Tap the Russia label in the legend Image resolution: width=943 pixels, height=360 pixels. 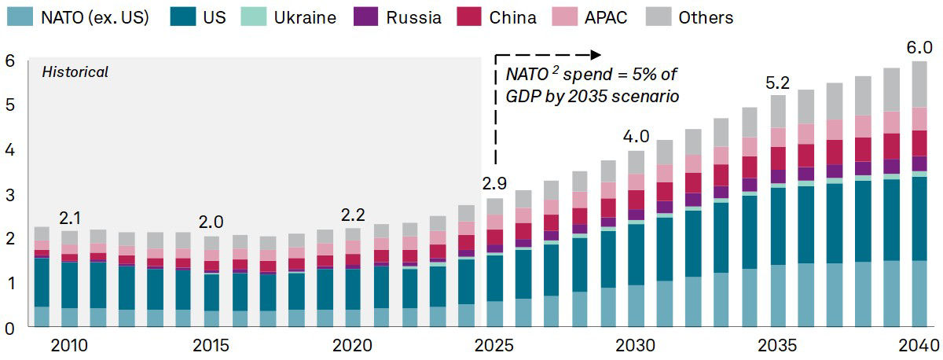[x=413, y=17]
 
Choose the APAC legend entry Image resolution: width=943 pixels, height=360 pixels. [x=606, y=17]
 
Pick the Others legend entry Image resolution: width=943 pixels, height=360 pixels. [x=705, y=17]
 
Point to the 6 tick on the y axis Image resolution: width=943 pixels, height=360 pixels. [x=9, y=61]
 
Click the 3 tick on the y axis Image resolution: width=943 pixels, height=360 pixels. [x=9, y=194]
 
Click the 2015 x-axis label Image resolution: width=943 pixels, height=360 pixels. [x=211, y=345]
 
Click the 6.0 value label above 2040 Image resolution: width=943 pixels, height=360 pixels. [x=918, y=47]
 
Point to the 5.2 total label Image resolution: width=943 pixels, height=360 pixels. [x=778, y=82]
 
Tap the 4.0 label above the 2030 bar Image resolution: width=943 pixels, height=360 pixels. [x=637, y=137]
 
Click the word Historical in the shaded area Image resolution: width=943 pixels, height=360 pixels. [x=75, y=72]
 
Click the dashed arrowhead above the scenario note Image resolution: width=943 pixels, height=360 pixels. [x=596, y=54]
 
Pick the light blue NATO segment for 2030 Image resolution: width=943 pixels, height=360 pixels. [x=636, y=306]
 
